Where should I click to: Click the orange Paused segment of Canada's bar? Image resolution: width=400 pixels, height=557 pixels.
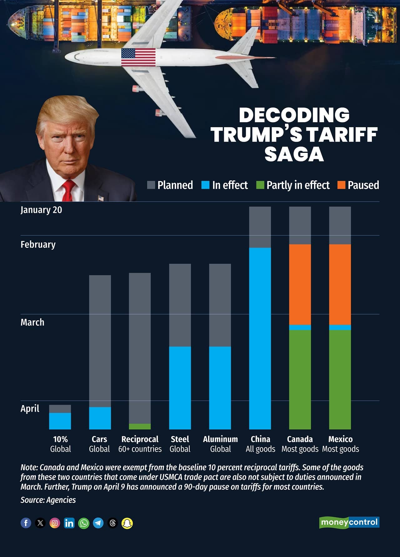click(300, 284)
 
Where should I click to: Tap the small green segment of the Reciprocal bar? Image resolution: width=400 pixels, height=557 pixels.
click(140, 426)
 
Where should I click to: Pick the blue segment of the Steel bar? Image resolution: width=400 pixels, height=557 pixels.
click(180, 388)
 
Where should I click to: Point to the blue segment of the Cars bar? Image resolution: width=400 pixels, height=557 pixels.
click(100, 418)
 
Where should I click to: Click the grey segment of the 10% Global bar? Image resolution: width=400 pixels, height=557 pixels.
click(60, 409)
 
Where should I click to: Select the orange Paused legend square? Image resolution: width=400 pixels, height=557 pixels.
click(341, 185)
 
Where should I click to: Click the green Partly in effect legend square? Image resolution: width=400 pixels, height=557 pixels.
click(260, 185)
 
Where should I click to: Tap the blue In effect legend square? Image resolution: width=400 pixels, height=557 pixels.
click(205, 185)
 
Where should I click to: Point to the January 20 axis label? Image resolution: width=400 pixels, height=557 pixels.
click(41, 210)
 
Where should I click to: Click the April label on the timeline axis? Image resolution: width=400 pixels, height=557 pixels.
click(30, 409)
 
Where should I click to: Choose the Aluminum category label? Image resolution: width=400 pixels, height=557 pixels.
click(220, 439)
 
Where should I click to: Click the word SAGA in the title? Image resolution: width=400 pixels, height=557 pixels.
click(294, 154)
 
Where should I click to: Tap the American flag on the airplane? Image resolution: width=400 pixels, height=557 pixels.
click(138, 57)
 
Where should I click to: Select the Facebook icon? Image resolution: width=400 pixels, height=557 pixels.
click(26, 523)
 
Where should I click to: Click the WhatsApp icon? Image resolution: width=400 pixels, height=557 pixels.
click(84, 523)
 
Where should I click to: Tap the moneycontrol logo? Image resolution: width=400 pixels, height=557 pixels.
click(349, 522)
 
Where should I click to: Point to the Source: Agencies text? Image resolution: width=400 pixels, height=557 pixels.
click(48, 500)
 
